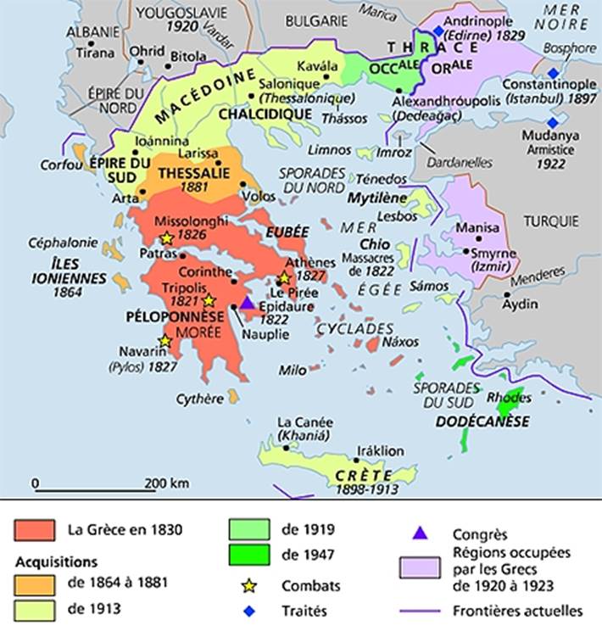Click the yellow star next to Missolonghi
(x=167, y=239)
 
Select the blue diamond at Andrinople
(x=438, y=31)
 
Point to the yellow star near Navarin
(x=164, y=340)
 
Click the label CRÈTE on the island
(x=359, y=476)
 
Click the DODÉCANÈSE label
(x=483, y=422)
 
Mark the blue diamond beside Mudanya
(x=554, y=122)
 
